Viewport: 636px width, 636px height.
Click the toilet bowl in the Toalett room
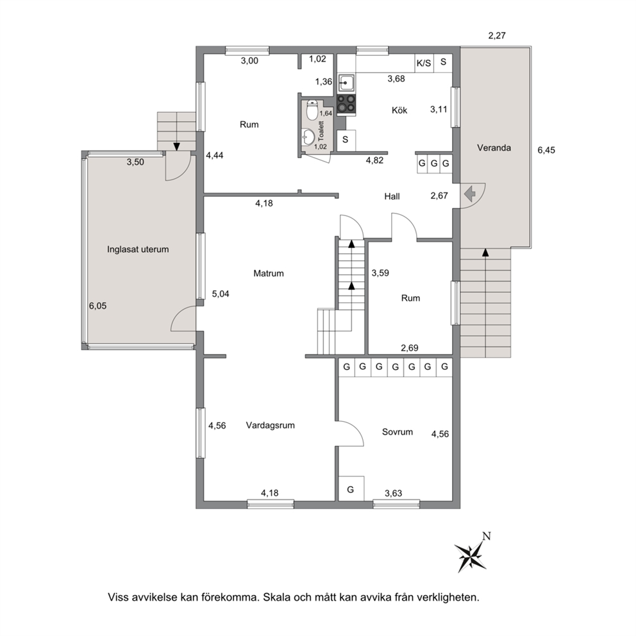(312, 110)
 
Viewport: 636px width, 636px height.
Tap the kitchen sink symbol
(346, 83)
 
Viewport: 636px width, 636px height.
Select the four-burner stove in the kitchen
(346, 103)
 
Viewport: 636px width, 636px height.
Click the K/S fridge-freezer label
(423, 63)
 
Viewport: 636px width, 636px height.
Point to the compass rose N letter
(487, 536)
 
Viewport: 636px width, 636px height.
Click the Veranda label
(494, 147)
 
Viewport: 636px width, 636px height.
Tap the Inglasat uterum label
(138, 249)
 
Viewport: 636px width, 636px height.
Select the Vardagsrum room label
(270, 426)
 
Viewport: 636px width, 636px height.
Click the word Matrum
(269, 273)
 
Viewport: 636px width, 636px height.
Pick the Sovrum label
(397, 432)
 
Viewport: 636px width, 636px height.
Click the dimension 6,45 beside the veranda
(546, 150)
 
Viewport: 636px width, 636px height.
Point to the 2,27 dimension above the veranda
(497, 36)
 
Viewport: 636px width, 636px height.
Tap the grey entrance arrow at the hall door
(470, 194)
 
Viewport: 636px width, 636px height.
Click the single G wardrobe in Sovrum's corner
(351, 489)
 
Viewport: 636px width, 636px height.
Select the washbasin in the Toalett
(308, 137)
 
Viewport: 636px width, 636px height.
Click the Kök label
(399, 110)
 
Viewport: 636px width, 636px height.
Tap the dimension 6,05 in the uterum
(97, 306)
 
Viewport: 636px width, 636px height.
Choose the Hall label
(392, 197)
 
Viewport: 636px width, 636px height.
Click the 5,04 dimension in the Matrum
(221, 294)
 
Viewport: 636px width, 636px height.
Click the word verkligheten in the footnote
(448, 598)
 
